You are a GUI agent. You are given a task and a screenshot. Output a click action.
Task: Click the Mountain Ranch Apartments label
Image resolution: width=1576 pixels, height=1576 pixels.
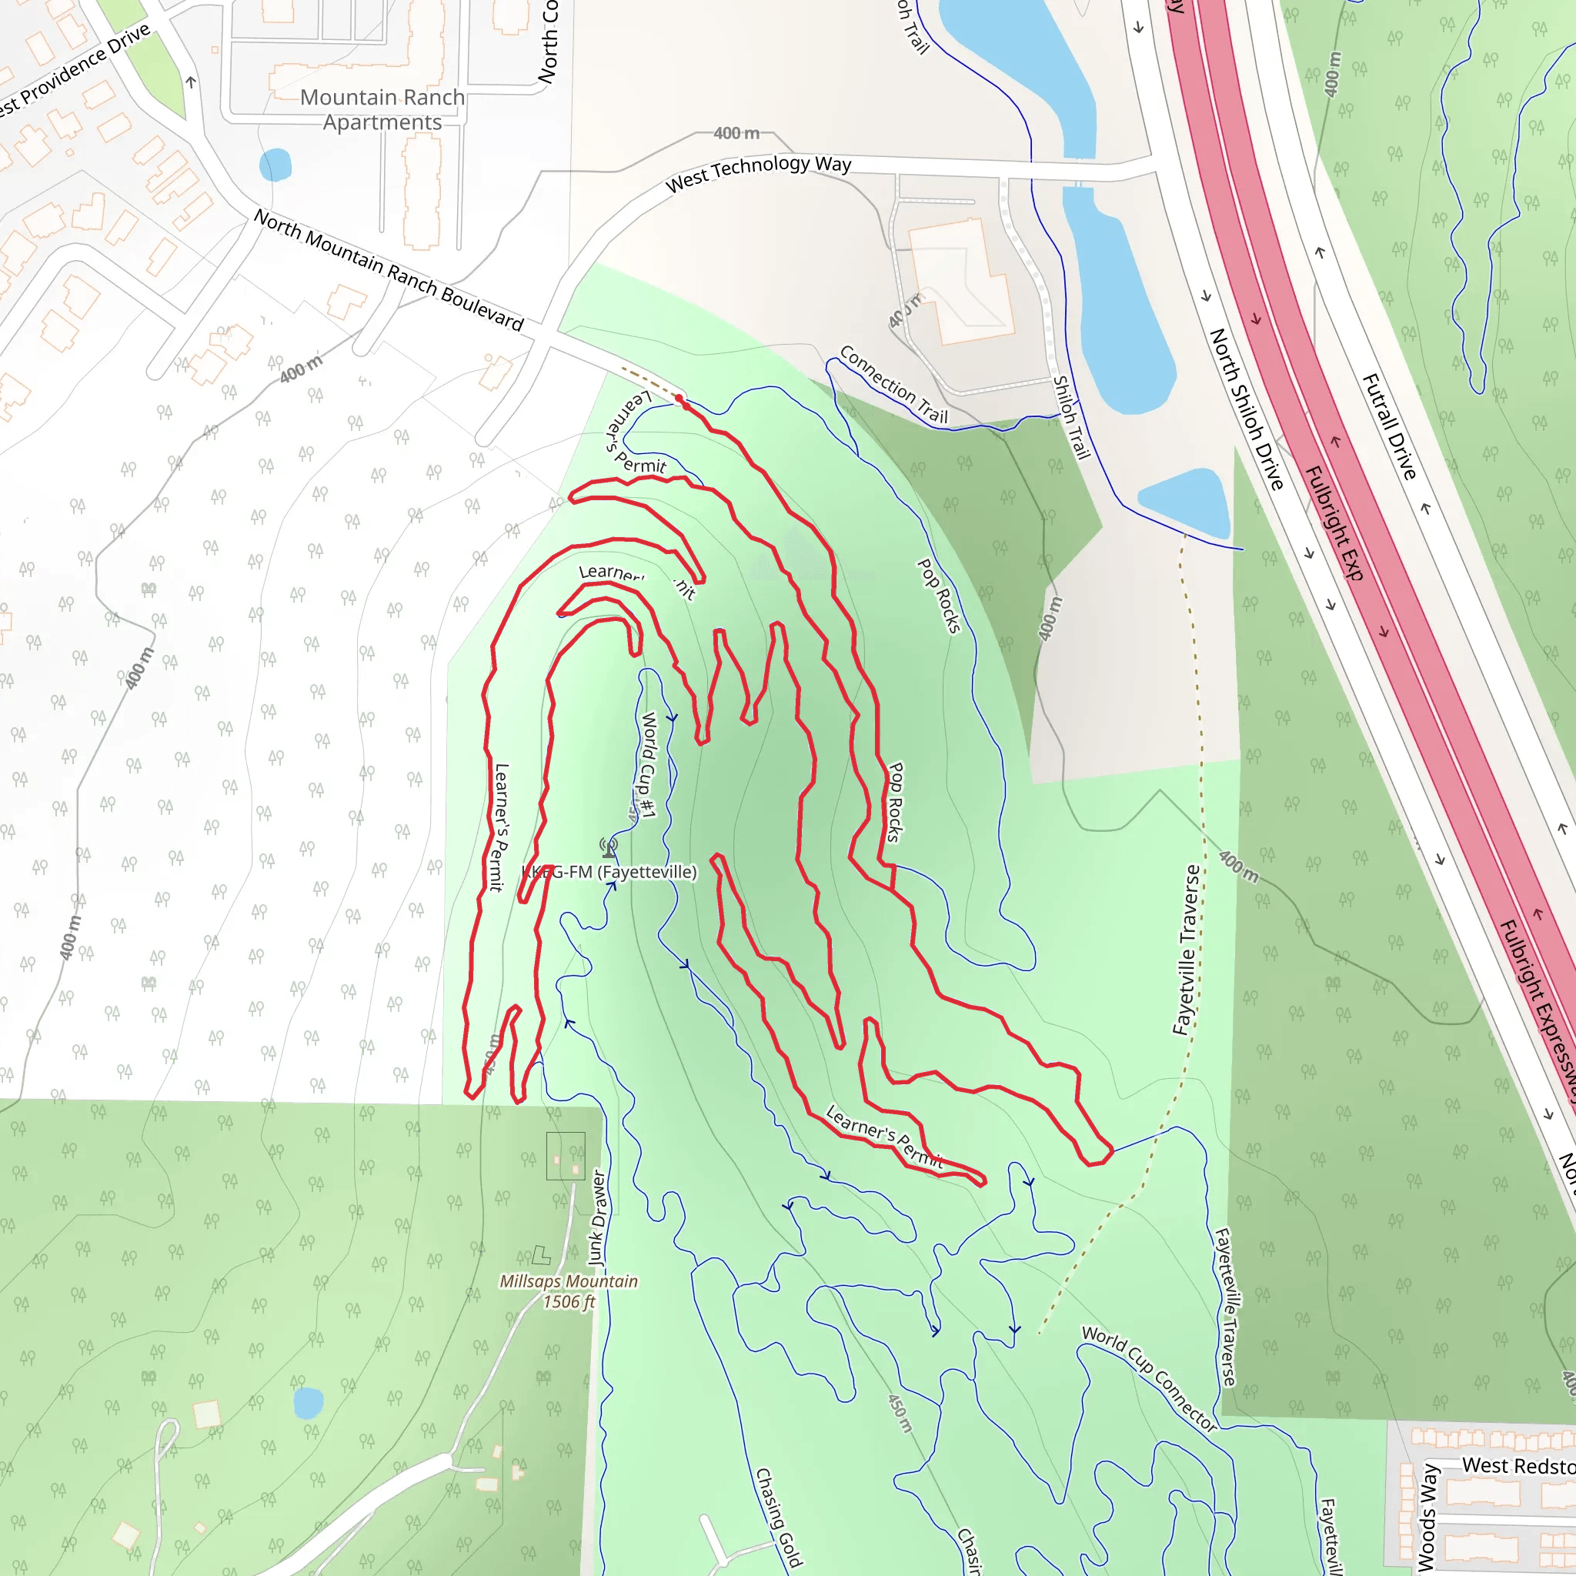(x=382, y=109)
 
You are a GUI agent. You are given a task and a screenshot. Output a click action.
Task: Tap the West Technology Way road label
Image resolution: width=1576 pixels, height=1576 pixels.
(x=758, y=172)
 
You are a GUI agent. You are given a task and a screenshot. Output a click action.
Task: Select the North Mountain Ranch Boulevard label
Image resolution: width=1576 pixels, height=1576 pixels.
(x=389, y=269)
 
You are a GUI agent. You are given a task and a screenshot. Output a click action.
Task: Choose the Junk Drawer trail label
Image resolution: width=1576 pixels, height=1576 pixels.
(x=598, y=1217)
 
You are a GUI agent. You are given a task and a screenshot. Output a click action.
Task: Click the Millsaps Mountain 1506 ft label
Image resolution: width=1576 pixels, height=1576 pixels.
(x=569, y=1291)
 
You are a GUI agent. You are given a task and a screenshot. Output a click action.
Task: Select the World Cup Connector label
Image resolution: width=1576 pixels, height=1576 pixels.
(x=1150, y=1378)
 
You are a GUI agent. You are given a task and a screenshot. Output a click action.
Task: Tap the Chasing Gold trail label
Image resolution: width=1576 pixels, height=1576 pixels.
(x=778, y=1518)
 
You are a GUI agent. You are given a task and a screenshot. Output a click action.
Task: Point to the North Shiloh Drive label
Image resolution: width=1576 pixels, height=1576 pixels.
(x=1246, y=408)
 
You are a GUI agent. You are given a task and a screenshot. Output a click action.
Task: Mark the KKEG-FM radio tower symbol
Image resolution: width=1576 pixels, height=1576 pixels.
(x=609, y=847)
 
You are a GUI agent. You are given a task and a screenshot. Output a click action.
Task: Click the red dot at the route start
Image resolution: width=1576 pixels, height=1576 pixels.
(x=679, y=398)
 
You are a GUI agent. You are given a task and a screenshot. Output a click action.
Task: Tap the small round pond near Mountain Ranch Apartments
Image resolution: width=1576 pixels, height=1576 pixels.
(x=275, y=165)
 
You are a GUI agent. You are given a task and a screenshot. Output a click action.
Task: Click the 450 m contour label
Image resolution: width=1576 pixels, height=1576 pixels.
(x=900, y=1413)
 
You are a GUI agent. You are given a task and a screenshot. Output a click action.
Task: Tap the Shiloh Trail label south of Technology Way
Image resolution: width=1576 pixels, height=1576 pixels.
(x=1071, y=417)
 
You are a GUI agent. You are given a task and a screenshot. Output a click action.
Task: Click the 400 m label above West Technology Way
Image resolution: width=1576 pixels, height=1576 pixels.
(x=736, y=133)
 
